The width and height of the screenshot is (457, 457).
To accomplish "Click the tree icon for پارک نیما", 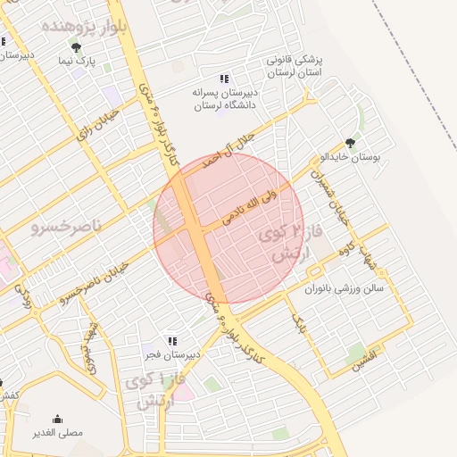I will click(x=78, y=47).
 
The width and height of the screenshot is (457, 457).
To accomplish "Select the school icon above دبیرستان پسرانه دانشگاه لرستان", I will click(x=223, y=79).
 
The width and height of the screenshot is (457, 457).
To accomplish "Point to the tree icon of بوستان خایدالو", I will click(x=349, y=143).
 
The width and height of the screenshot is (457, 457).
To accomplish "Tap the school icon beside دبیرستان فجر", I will click(x=171, y=341).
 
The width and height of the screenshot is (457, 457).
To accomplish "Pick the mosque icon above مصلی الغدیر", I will click(x=58, y=420).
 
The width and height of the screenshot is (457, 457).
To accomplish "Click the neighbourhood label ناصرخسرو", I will click(x=68, y=228).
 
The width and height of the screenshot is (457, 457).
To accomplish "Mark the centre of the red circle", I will click(x=228, y=228).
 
